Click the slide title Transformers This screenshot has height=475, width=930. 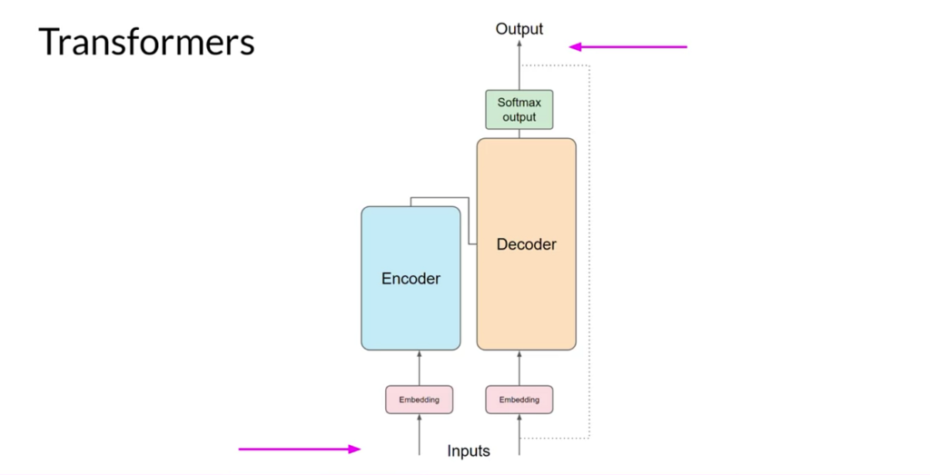pyautogui.click(x=146, y=42)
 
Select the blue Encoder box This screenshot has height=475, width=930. pyautogui.click(x=411, y=278)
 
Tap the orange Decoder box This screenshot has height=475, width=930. pyautogui.click(x=526, y=243)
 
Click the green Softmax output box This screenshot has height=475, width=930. pyautogui.click(x=519, y=110)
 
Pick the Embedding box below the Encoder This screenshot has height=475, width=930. pyautogui.click(x=419, y=400)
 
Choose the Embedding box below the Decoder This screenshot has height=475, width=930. pyautogui.click(x=519, y=400)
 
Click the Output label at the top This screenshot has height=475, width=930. pyautogui.click(x=519, y=28)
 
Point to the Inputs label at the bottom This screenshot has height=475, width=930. pyautogui.click(x=469, y=450)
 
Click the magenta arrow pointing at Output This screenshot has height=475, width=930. pyautogui.click(x=628, y=47)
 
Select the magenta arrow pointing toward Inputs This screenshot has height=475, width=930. pyautogui.click(x=300, y=449)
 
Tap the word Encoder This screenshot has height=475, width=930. pyautogui.click(x=411, y=278)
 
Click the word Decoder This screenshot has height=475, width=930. pyautogui.click(x=526, y=243)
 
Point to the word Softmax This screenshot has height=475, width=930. pyautogui.click(x=519, y=102)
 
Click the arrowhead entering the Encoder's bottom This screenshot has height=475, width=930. pyautogui.click(x=420, y=354)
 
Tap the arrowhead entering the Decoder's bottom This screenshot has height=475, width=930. pyautogui.click(x=519, y=354)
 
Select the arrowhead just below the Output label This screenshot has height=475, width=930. pyautogui.click(x=519, y=44)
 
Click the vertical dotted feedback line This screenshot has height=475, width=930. pyautogui.click(x=589, y=252)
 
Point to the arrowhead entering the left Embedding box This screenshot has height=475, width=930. pyautogui.click(x=420, y=418)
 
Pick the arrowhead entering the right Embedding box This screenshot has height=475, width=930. pyautogui.click(x=519, y=418)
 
